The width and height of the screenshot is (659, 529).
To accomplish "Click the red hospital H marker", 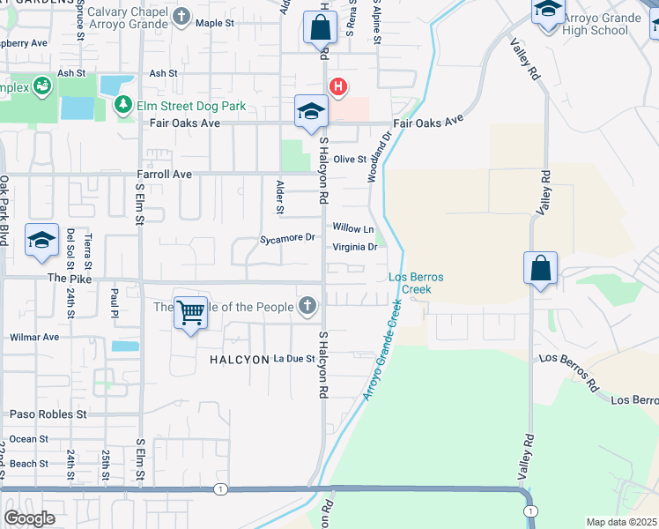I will (x=337, y=86).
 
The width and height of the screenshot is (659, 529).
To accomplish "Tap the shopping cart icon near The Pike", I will (x=190, y=310).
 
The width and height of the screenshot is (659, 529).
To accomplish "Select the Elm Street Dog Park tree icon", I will (x=122, y=106).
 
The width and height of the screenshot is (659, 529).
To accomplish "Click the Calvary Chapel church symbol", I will (x=181, y=16).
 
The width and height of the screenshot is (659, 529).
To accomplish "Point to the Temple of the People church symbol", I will (x=307, y=307).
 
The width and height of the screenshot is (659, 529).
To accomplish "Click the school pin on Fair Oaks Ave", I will (x=311, y=112).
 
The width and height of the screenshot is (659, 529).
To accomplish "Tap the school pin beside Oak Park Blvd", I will (x=41, y=241).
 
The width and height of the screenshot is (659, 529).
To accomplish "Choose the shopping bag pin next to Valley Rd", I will (x=539, y=269).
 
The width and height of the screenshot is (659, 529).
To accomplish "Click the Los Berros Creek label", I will (x=416, y=283).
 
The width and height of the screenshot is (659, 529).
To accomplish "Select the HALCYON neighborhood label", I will (x=238, y=360).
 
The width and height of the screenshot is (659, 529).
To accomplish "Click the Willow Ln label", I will (x=347, y=227).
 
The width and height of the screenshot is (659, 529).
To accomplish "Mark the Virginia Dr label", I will (x=354, y=247).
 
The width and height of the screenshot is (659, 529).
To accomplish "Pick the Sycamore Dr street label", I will (x=287, y=238).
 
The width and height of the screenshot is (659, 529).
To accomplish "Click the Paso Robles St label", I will (x=48, y=413).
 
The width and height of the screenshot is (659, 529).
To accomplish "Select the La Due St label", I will (x=294, y=359).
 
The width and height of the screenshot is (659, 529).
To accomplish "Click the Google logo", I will (x=29, y=518).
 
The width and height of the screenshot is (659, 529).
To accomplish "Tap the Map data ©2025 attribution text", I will (x=621, y=522).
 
